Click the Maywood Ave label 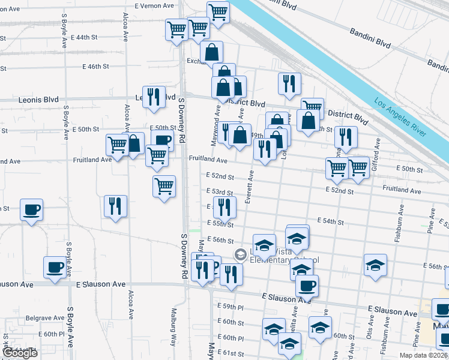[216, 120]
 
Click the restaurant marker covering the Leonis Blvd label [154, 97]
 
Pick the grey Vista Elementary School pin [241, 255]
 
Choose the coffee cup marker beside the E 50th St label [162, 142]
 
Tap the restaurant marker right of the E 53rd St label [224, 208]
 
